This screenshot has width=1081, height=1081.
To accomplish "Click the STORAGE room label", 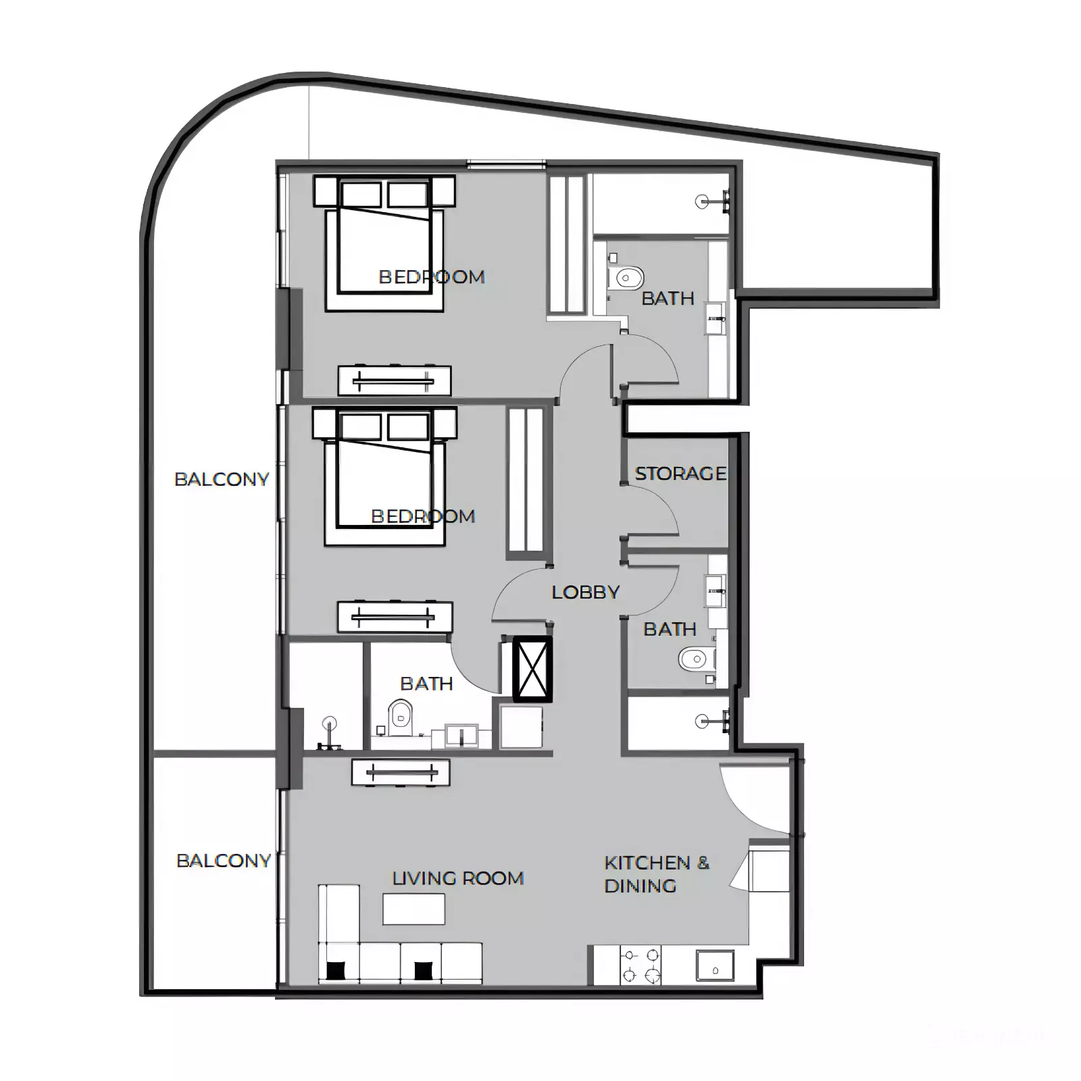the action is coord(680,474).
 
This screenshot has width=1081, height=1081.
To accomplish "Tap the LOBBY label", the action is coord(586,593).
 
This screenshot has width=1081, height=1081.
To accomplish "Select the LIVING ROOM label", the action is coord(458,878).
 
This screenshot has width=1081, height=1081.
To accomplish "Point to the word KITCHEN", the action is coord(647,863).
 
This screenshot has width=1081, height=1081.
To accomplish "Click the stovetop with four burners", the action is coord(640,965).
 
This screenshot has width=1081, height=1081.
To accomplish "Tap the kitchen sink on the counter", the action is coord(715,965).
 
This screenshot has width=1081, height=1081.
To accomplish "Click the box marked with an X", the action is coord(532,669).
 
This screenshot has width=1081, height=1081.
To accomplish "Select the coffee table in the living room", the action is coord(413,909).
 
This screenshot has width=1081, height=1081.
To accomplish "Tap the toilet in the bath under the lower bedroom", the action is coord(401,717).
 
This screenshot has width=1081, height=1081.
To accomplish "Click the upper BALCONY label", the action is coord(222,479).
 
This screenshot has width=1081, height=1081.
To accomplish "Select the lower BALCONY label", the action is coord(224,861).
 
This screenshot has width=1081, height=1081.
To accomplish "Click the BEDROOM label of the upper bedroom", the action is coord(432,277).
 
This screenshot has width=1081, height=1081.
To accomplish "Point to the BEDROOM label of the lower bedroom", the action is coord(424,516).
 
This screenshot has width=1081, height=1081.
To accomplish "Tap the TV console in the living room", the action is coord(401,772).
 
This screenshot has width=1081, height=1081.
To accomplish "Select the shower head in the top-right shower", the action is coord(703,201).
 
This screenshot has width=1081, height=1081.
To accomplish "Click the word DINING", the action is coord(640,886).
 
